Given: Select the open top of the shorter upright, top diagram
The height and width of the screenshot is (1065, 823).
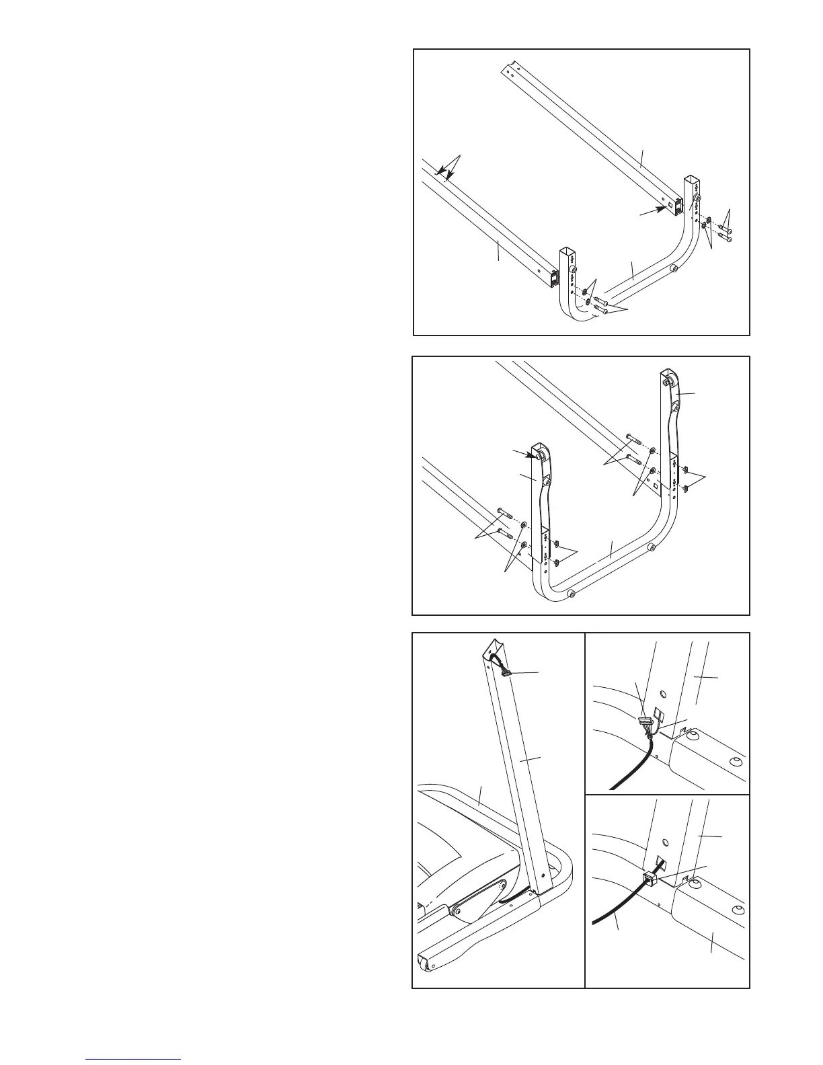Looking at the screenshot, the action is (567, 253).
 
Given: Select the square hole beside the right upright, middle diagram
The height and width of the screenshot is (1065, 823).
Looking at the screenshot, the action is (654, 483).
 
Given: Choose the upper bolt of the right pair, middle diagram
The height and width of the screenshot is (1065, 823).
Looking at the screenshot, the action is (634, 438).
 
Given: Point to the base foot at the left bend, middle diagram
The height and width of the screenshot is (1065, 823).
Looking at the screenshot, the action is (571, 594).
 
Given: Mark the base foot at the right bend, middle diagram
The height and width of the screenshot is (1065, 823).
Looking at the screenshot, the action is (651, 549).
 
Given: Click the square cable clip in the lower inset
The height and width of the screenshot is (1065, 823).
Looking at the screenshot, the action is (650, 877).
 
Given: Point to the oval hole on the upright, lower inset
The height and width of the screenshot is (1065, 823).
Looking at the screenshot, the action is (665, 841).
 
